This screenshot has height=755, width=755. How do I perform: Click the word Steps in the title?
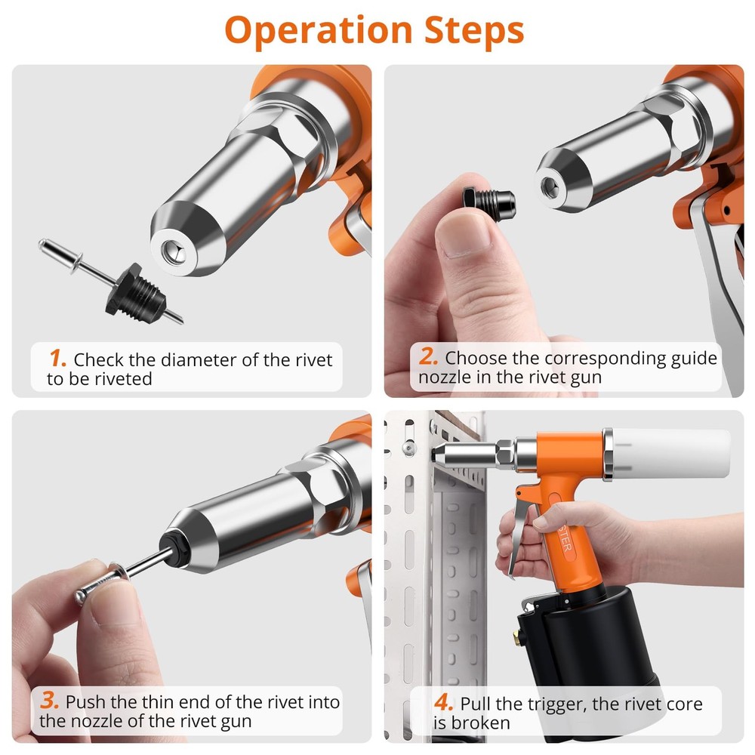tap(471, 31)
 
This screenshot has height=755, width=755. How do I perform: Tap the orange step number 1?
tap(57, 358)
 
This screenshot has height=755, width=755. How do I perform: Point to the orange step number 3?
tap(51, 701)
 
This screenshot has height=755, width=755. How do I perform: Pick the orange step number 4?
tap(443, 703)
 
